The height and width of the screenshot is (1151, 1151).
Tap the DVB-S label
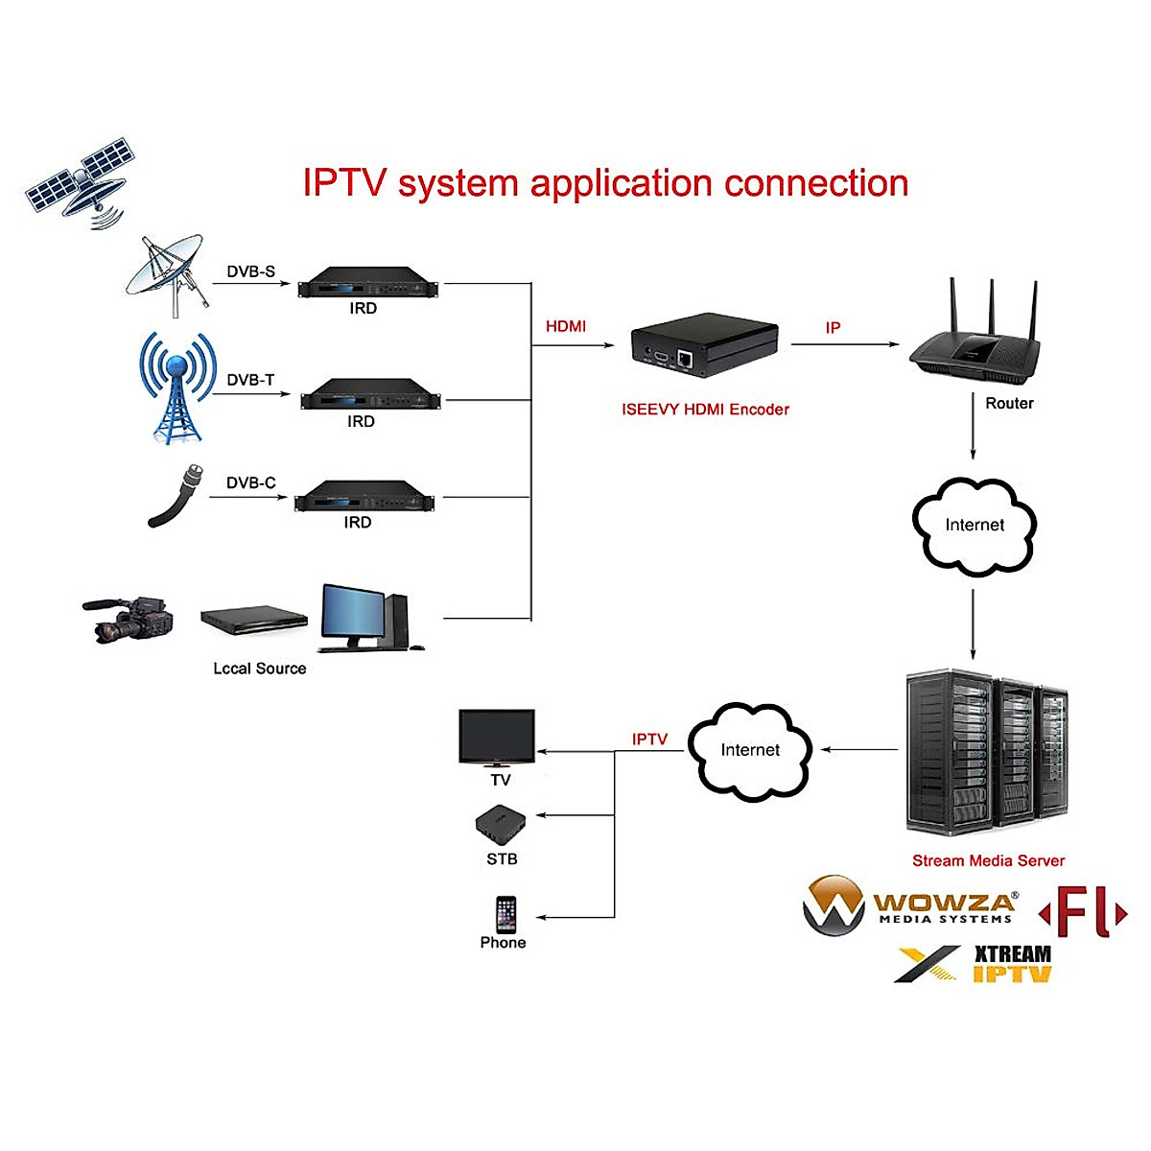[x=250, y=271]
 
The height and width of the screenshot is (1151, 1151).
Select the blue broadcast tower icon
[x=176, y=388]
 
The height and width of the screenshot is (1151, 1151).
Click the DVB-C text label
[x=250, y=482]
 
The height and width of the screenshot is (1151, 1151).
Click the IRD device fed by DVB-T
[x=369, y=394]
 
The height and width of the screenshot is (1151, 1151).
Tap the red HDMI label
[x=566, y=326]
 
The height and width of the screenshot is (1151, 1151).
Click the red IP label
[x=833, y=328]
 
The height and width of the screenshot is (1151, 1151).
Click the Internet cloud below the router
[x=974, y=526]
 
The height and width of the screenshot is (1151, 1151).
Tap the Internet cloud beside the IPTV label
[x=750, y=751]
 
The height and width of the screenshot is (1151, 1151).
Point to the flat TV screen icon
[x=497, y=737]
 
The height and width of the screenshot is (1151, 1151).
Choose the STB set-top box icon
[x=501, y=824]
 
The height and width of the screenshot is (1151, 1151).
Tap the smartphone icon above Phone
[x=505, y=914]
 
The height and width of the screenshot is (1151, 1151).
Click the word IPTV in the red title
[x=344, y=183]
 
